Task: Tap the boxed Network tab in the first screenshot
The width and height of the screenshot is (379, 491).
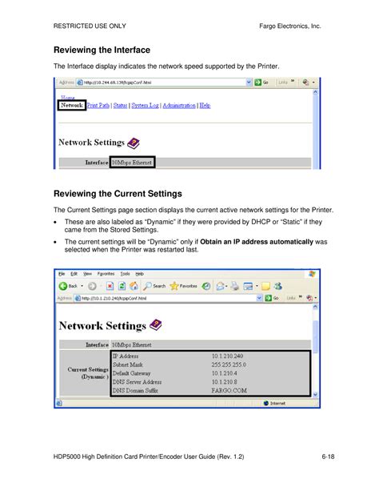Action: [x=71, y=105]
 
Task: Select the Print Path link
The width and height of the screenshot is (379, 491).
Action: [x=98, y=105]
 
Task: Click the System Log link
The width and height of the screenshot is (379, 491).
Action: [x=146, y=105]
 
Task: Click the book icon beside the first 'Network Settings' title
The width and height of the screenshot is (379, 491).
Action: [x=134, y=143]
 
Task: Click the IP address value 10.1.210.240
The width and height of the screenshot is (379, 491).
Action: [x=228, y=355]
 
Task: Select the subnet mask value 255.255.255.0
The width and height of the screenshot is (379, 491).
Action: [x=229, y=364]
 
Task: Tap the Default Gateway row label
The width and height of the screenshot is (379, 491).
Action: [x=131, y=372]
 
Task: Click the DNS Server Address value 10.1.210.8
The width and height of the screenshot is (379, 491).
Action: [x=226, y=381]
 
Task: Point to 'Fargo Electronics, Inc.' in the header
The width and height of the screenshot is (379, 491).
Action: [x=289, y=27]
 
